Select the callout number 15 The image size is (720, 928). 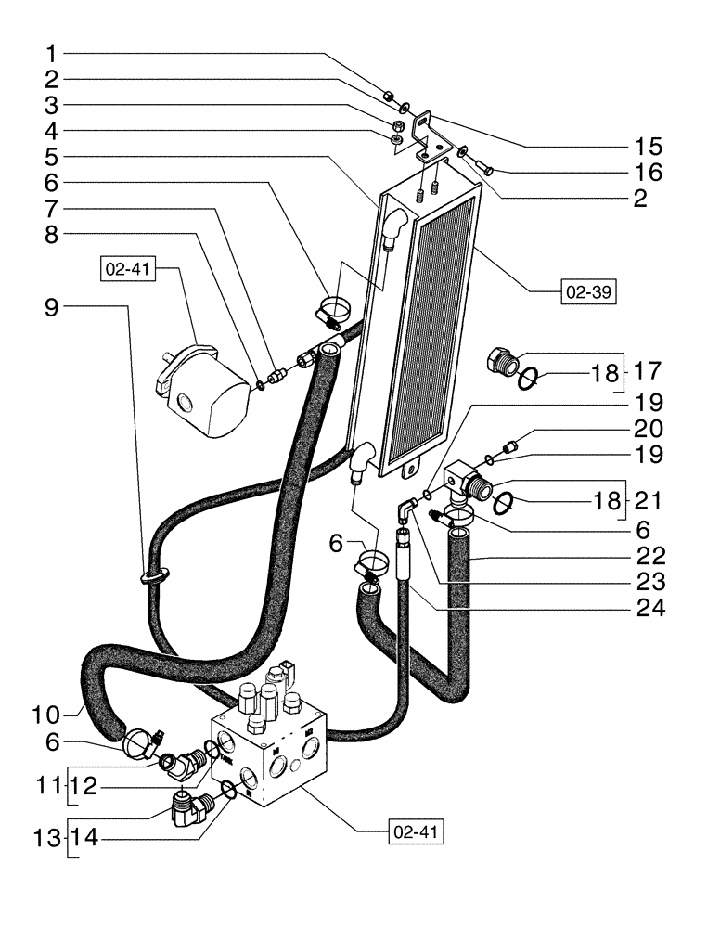649,146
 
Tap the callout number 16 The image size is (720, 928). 649,173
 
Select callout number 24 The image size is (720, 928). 649,611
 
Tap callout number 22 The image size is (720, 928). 649,557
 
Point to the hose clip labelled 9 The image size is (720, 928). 155,577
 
